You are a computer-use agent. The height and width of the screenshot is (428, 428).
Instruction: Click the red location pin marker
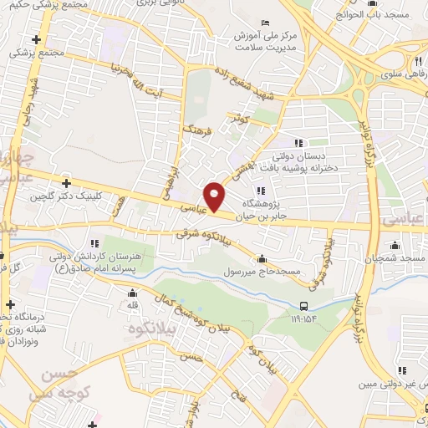tap(215, 196)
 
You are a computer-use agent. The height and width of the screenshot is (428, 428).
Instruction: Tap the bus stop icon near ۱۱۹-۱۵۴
tap(303, 306)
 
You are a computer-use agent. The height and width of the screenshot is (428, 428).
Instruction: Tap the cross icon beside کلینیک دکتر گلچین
tap(66, 182)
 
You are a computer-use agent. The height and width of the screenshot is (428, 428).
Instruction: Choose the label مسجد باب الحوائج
tap(392, 14)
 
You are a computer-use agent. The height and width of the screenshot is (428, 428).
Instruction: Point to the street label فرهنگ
tap(199, 132)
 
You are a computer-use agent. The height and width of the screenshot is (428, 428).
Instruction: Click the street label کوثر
tap(242, 120)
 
